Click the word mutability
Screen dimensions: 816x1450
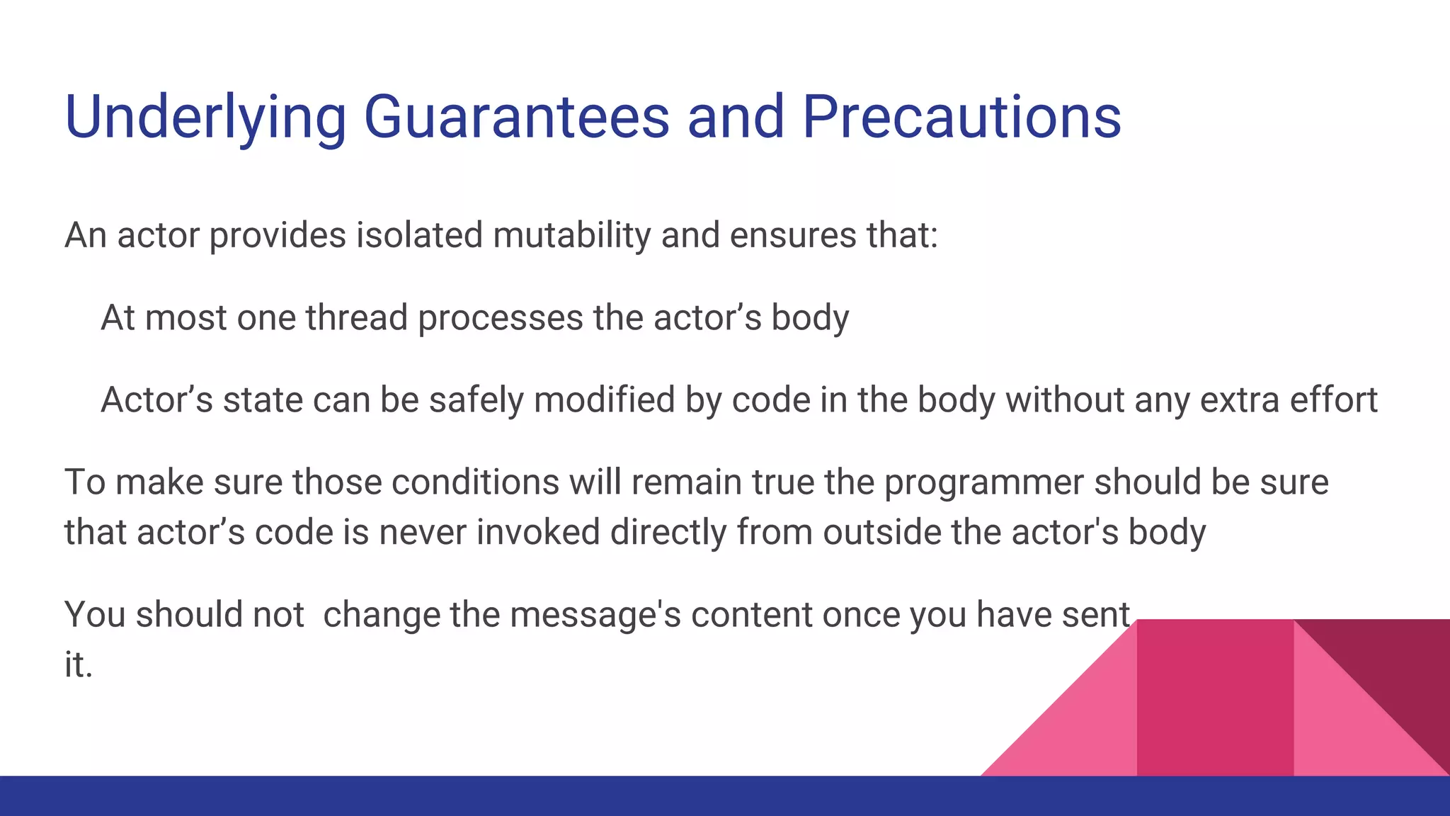point(571,235)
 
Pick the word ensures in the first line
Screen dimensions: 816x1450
point(792,235)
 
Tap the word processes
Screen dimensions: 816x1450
point(501,317)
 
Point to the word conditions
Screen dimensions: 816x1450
point(475,482)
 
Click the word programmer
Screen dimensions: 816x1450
point(983,482)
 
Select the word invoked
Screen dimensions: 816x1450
point(538,533)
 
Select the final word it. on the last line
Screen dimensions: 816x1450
point(79,665)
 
